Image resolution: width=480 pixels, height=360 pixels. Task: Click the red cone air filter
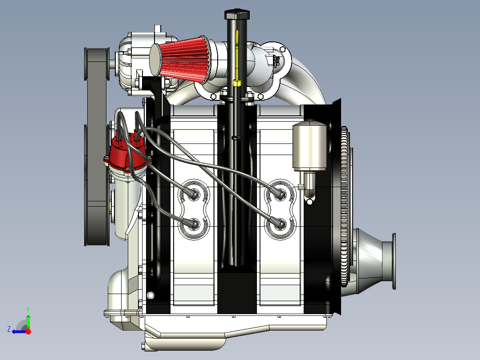[181, 60]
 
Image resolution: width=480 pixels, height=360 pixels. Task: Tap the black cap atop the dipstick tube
[237, 14]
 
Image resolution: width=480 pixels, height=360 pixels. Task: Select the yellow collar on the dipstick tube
[237, 83]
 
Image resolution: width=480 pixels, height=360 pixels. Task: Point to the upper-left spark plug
[193, 194]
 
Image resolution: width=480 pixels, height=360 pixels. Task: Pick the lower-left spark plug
[193, 225]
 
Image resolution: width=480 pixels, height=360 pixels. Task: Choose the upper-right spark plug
[280, 194]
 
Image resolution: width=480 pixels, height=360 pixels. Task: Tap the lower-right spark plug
[280, 224]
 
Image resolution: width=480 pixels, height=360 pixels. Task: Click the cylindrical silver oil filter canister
[309, 146]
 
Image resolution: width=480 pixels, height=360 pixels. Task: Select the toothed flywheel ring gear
[344, 207]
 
